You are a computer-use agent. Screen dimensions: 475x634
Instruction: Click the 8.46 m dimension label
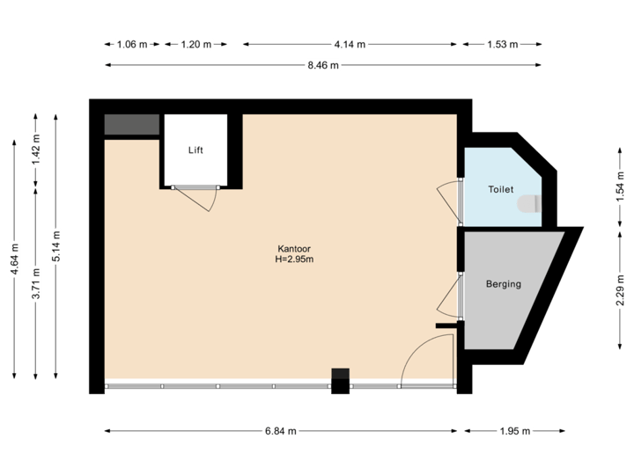tap(323, 65)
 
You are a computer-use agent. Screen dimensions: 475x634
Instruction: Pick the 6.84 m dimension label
tap(281, 431)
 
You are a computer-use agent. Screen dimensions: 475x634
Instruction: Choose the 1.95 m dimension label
tap(515, 431)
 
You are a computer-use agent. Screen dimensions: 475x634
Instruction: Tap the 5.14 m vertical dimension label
tap(56, 246)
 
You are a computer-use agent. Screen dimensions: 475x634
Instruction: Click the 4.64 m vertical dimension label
tap(15, 259)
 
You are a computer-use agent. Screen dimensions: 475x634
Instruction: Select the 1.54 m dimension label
tap(621, 187)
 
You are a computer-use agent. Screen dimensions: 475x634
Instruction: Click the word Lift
tap(195, 150)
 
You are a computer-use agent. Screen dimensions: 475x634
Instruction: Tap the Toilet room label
tap(500, 189)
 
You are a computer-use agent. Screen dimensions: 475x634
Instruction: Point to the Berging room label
tap(504, 284)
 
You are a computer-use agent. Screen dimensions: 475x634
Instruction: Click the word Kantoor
tap(295, 248)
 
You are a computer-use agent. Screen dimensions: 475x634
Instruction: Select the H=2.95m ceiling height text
tap(295, 259)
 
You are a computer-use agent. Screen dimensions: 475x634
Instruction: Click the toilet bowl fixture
tap(528, 204)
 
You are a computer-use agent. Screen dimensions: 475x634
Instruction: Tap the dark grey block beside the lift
tap(131, 125)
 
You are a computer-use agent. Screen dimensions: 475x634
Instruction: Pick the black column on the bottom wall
tap(340, 381)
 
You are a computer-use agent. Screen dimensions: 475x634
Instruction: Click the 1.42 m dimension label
tap(36, 150)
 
